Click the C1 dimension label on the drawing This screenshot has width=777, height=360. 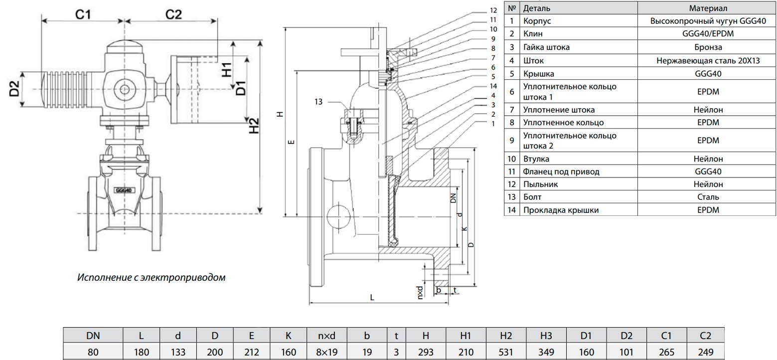click(83, 14)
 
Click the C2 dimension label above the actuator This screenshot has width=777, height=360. click(173, 14)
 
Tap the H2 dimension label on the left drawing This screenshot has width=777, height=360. click(254, 126)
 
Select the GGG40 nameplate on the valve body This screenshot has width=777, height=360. click(123, 190)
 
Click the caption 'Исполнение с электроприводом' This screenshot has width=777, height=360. click(151, 277)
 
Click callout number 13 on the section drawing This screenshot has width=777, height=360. click(319, 102)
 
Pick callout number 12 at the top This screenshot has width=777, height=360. click(493, 10)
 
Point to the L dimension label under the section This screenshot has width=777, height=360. click(372, 297)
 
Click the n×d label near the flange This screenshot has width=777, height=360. click(420, 292)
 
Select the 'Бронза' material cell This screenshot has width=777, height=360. click(708, 47)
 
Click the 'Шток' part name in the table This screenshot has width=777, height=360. click(533, 60)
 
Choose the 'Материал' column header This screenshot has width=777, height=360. click(708, 8)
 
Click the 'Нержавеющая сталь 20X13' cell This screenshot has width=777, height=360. click(708, 60)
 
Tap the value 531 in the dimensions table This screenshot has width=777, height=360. click(506, 352)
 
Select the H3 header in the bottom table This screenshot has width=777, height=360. click(546, 336)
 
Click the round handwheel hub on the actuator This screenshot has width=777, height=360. click(123, 89)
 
